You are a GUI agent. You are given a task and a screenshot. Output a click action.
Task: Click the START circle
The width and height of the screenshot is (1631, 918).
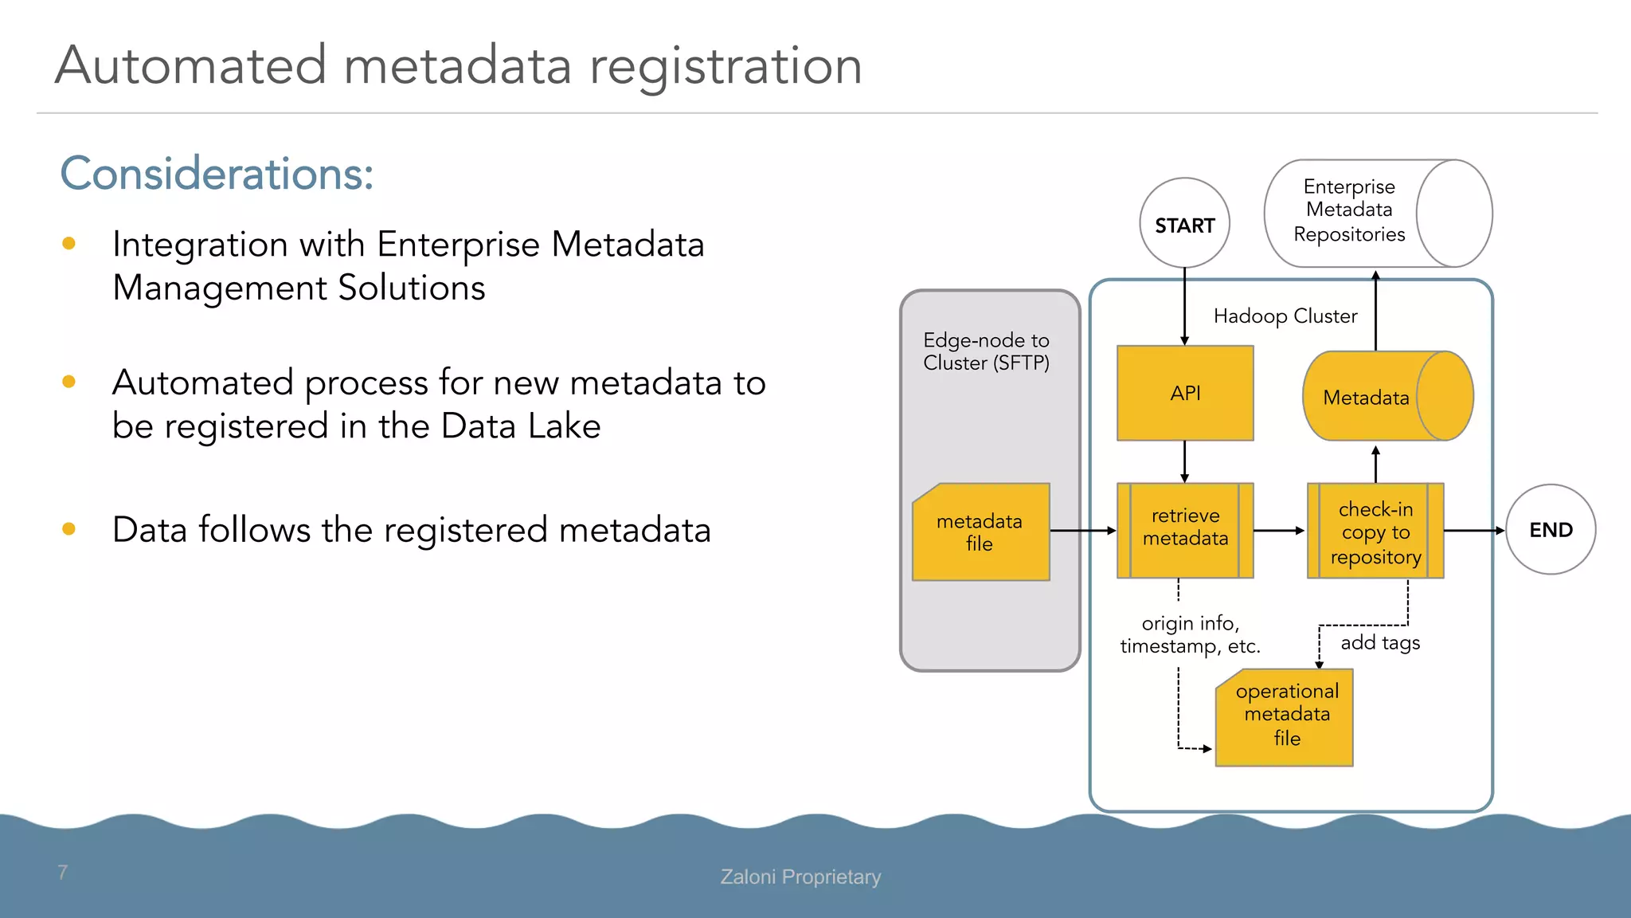[1184, 224]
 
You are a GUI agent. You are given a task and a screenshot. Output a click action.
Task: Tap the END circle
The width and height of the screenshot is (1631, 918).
[1550, 530]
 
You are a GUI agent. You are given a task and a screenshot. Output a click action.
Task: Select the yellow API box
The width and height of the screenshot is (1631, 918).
[1185, 393]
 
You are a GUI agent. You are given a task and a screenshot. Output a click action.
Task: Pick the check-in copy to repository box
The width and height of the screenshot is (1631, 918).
[1375, 531]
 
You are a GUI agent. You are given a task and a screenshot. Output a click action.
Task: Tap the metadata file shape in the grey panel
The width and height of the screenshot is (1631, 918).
[980, 532]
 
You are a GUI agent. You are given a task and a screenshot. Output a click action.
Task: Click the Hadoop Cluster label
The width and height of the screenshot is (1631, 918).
[1285, 316]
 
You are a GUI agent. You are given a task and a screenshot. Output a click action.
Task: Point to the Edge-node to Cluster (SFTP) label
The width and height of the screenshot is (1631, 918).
[986, 351]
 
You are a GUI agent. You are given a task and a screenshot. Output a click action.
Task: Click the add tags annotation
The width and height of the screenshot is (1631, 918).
[1379, 642]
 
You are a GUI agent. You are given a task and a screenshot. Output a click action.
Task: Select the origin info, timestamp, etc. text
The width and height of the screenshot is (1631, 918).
[1190, 634]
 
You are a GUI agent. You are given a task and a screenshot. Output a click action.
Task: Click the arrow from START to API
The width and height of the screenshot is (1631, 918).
[1184, 306]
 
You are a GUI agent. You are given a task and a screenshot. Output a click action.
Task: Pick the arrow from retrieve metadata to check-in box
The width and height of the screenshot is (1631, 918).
[1279, 530]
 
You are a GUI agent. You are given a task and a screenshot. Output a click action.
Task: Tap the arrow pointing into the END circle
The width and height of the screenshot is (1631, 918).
[1473, 530]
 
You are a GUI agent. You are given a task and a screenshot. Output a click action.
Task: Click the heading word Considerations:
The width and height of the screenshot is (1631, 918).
[217, 174]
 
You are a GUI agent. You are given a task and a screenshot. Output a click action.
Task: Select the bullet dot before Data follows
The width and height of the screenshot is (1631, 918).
[69, 528]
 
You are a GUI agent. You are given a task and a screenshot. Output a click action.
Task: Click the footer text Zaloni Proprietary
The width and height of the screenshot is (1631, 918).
[800, 877]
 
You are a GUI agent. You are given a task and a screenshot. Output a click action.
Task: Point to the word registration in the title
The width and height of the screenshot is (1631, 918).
[726, 65]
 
